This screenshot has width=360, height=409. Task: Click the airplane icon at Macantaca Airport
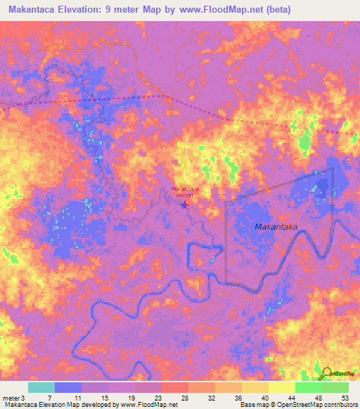coord(185,205)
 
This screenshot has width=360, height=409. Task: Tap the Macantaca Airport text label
coord(185,192)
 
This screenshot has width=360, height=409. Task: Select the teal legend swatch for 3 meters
coord(41,387)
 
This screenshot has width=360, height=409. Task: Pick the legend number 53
coord(344,397)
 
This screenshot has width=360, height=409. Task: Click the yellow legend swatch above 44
coord(281,387)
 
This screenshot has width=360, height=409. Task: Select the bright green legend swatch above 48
coord(308,387)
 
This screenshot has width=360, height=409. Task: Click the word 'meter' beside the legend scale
coord(11,397)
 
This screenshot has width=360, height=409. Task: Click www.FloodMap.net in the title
coord(223,10)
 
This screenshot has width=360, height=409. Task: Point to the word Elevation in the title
coord(96,10)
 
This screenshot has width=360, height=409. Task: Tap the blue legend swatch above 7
coord(67,387)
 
